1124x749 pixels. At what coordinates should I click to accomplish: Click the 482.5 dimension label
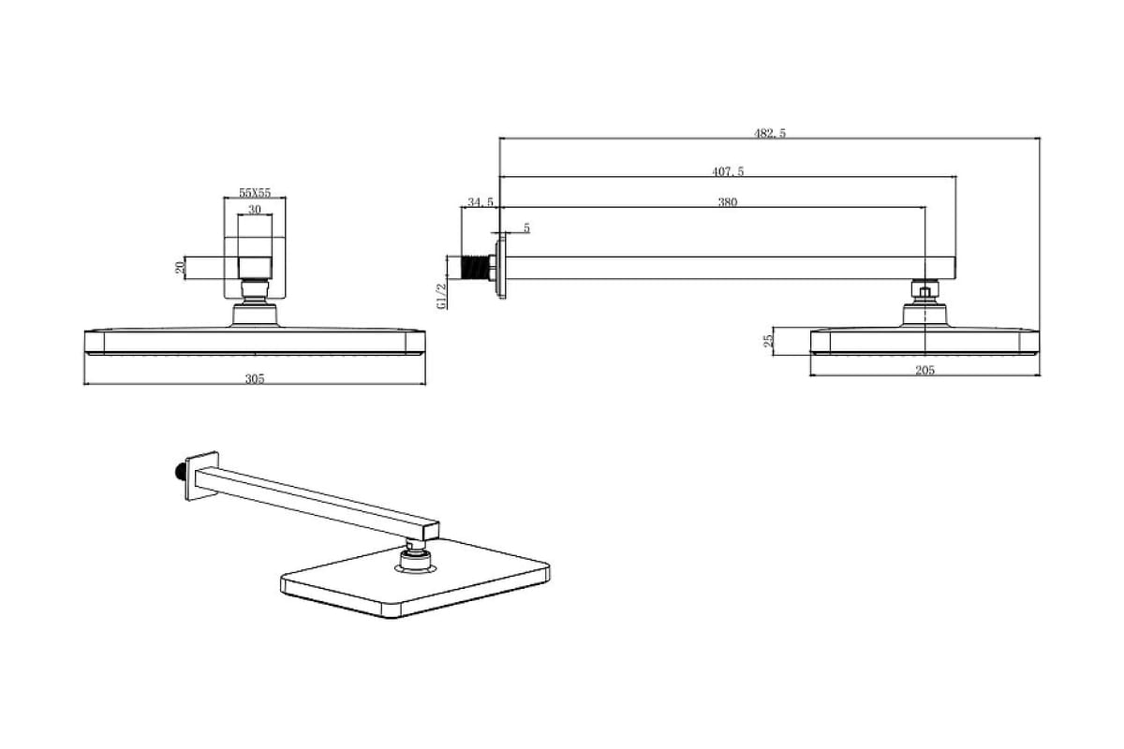coord(770,134)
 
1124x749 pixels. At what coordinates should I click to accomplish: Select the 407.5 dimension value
coord(728,171)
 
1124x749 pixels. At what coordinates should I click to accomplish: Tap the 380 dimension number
coord(728,202)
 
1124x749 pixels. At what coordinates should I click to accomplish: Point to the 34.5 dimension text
coord(481,202)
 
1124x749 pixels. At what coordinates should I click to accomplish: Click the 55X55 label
coord(255,193)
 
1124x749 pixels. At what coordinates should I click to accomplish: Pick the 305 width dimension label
coord(255,379)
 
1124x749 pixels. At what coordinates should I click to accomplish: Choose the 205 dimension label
coord(924,370)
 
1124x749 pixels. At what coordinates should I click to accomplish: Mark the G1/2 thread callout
coord(441,296)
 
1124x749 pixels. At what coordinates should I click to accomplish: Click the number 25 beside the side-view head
coord(768,341)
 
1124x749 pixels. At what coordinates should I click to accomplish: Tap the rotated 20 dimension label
coord(180,268)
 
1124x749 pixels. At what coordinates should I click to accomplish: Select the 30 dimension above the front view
coord(255,210)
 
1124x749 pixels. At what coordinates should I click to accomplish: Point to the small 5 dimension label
coord(526,228)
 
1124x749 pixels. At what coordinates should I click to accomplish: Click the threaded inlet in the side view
coord(475,268)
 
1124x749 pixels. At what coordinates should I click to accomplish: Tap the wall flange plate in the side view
coord(501,269)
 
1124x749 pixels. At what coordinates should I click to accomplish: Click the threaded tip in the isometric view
coord(179,472)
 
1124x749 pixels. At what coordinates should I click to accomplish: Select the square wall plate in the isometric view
coord(201,476)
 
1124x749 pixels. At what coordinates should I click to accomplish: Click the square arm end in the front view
coord(255,268)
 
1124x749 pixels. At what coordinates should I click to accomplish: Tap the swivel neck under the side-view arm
coord(924,291)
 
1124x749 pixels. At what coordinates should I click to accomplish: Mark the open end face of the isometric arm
coord(432,531)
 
